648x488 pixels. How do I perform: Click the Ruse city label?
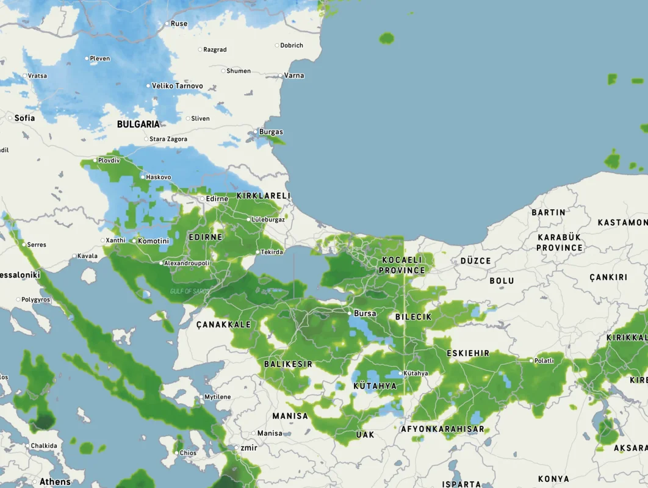179,24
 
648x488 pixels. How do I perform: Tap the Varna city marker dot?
281,76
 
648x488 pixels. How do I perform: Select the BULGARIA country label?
139,124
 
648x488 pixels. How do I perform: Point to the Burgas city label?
271,132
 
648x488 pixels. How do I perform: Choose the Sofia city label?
24,118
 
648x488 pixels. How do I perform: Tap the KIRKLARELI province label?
264,196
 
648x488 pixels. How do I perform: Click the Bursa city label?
365,314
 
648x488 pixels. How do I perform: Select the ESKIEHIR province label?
468,353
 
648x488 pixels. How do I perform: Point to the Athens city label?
55,482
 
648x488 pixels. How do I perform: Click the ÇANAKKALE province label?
223,325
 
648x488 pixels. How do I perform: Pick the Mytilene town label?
217,397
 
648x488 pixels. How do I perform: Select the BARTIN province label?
548,212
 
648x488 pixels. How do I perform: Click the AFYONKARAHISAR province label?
442,429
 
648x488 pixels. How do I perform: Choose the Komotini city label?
153,241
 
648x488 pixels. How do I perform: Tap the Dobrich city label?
292,45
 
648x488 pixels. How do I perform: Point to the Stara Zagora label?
168,139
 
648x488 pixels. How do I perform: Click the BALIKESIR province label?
288,364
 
